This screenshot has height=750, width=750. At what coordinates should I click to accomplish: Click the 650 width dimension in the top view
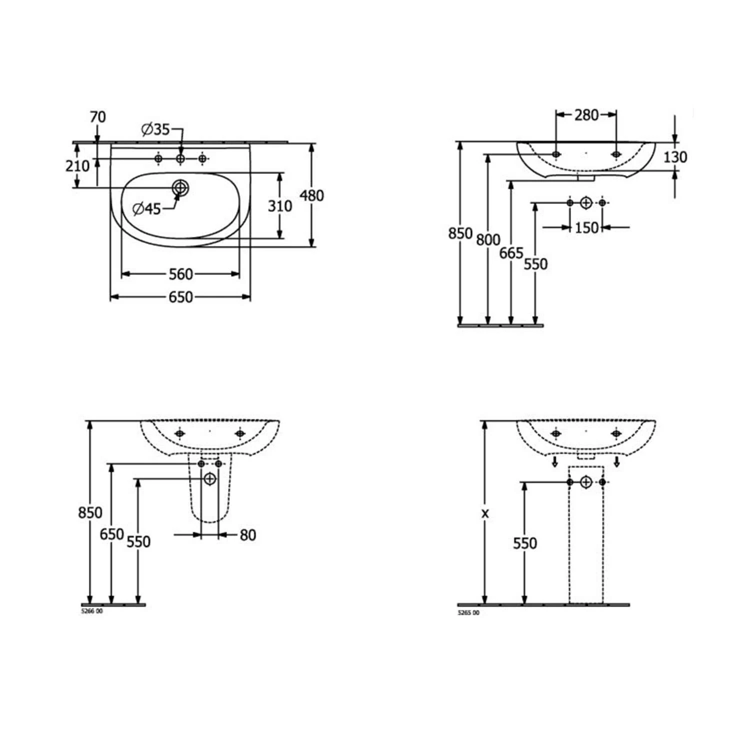(180, 297)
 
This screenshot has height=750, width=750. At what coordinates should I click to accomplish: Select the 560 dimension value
(180, 274)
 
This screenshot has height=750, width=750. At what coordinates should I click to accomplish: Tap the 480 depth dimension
(311, 195)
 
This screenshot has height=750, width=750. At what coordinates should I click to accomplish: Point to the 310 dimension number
(279, 205)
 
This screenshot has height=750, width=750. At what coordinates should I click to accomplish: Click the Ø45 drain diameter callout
(147, 208)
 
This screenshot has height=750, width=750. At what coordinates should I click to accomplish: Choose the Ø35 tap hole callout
(155, 130)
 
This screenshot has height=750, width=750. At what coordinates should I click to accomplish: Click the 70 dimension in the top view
(98, 117)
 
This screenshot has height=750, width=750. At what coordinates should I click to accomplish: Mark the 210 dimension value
(77, 165)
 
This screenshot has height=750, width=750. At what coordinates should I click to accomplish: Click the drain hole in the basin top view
(180, 187)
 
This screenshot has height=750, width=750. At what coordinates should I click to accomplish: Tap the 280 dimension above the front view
(586, 115)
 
